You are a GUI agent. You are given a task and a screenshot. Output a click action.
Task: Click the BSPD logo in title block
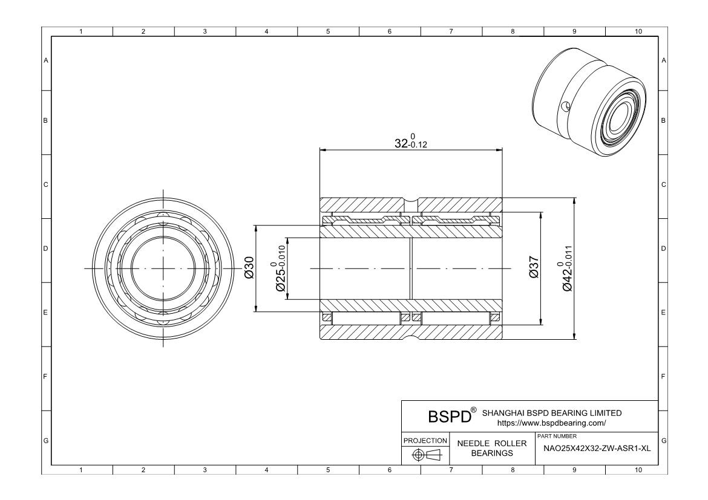(x=450, y=417)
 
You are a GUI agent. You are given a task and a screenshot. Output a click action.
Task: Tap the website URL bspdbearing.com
(x=551, y=423)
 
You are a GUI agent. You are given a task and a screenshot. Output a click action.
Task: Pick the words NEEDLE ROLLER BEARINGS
(x=492, y=448)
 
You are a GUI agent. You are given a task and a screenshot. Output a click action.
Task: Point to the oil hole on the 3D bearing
(x=565, y=107)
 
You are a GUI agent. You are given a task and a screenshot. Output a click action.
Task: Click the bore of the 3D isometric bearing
(x=619, y=117)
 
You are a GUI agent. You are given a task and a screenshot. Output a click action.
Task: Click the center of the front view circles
(x=162, y=268)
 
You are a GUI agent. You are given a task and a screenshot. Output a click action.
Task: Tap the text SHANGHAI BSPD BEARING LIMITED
(x=551, y=413)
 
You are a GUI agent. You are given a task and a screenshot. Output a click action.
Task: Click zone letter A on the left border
(x=46, y=60)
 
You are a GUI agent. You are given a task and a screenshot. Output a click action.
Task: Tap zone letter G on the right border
(x=664, y=440)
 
